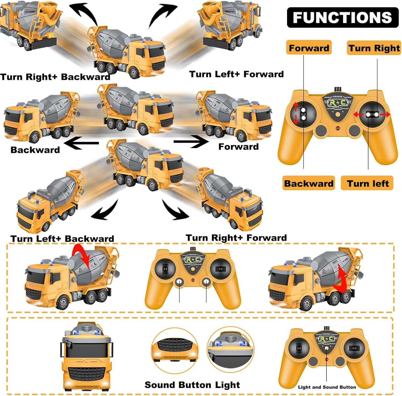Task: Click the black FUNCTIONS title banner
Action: pos(343,18)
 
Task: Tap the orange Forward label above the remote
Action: pos(309,48)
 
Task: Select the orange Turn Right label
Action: pos(374,48)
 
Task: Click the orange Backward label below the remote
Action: pos(308,183)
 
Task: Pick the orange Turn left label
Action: pos(367,183)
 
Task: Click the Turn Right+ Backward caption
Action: pos(55,77)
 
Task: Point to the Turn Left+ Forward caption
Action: pos(236,74)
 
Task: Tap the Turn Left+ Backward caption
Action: pos(62,239)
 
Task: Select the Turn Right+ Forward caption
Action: pos(236,238)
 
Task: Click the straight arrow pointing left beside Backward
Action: pos(81,143)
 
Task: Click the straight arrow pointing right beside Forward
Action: pos(191,141)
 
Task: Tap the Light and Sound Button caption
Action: pos(327,387)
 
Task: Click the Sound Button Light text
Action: pos(192,385)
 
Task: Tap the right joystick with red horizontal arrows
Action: pos(372,115)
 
